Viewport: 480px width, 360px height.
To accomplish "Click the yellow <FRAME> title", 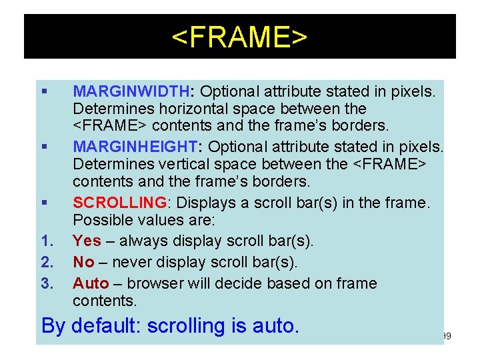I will [x=239, y=38].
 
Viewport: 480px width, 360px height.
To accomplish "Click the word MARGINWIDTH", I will [x=131, y=91].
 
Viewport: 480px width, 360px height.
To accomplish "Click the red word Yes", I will [x=87, y=241].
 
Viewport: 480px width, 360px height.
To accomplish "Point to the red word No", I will [x=83, y=262].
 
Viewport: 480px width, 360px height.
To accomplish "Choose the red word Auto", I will [x=90, y=283].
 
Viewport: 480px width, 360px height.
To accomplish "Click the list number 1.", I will [x=47, y=241].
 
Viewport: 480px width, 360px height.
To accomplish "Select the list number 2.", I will [x=47, y=262].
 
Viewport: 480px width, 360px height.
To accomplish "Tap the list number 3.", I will [x=47, y=283].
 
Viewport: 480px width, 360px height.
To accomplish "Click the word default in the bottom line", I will [x=106, y=326].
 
